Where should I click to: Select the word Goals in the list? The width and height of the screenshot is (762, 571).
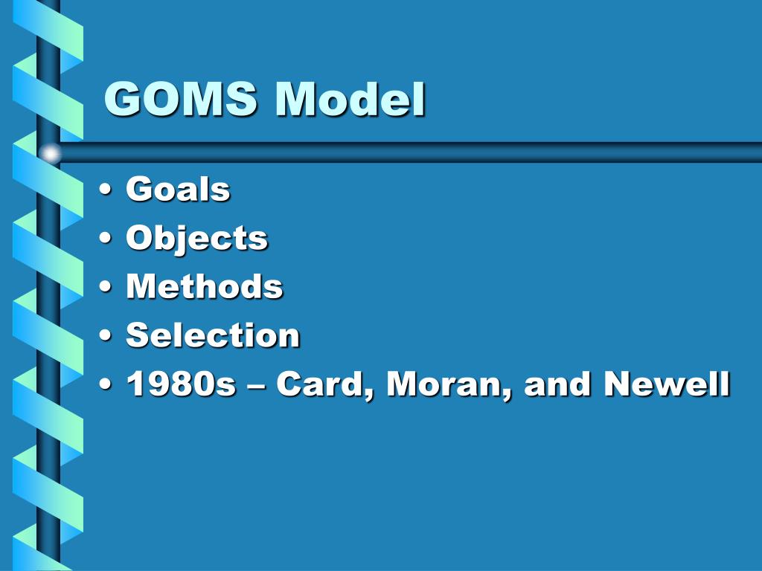point(178,190)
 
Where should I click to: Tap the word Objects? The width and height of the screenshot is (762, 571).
point(196,239)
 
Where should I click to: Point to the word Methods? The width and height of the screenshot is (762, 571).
point(205,287)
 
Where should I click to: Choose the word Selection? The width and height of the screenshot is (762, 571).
point(213,335)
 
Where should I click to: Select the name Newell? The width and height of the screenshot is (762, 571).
point(667,384)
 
